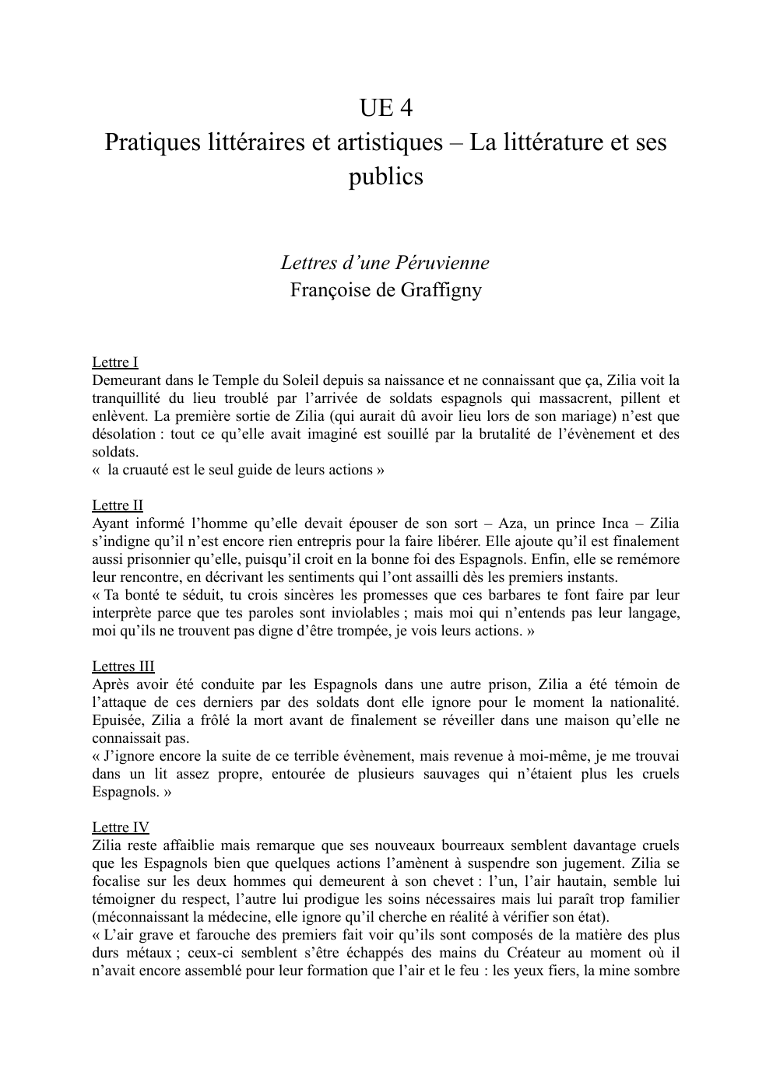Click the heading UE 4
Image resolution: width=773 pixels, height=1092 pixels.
click(x=385, y=108)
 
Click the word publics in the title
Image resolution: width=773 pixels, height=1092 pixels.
click(x=385, y=177)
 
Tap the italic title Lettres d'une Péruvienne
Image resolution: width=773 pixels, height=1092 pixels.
click(x=385, y=262)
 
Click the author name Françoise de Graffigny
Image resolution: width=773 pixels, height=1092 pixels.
click(x=385, y=290)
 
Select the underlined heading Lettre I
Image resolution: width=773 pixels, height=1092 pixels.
click(x=115, y=362)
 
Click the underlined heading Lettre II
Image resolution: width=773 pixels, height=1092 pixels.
click(x=118, y=506)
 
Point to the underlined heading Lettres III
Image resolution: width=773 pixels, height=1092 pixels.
click(x=123, y=667)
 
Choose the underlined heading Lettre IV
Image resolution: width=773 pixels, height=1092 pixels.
click(x=121, y=828)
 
